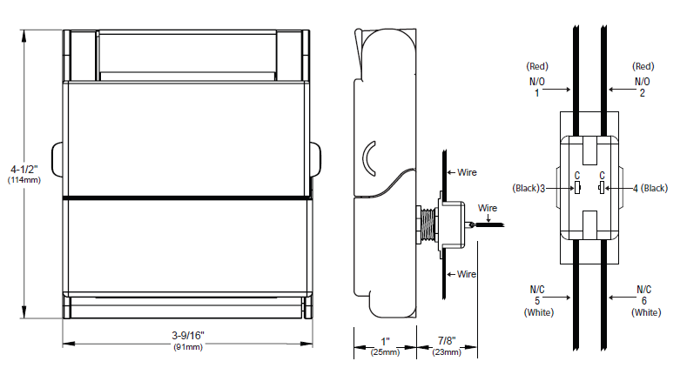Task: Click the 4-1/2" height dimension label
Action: pos(24,170)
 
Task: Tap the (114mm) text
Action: pos(24,180)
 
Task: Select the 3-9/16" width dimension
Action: pos(188,336)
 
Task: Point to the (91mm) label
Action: pos(188,347)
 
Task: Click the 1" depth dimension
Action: pos(385,341)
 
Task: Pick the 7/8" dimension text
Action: pos(447,340)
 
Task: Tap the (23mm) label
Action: pos(447,351)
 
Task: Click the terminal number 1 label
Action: pos(536,93)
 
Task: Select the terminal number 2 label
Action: pos(643,93)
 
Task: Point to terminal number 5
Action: pos(537,301)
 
